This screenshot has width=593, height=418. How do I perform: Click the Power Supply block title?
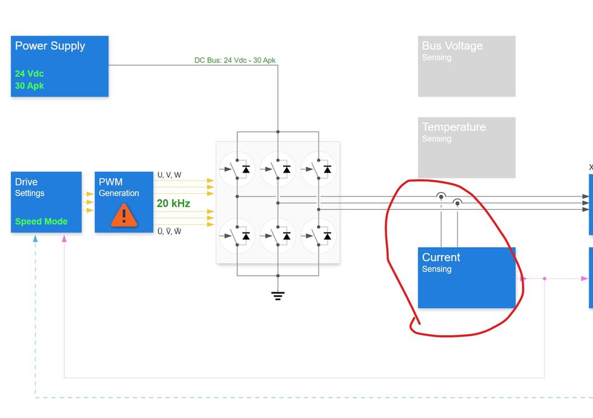point(50,46)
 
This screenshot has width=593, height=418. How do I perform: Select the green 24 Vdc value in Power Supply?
point(29,74)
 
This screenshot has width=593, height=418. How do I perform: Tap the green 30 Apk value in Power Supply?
point(29,86)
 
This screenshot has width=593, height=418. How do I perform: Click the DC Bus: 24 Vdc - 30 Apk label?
point(234,60)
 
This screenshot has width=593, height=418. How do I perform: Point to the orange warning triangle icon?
point(123,215)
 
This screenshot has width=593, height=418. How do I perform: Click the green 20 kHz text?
point(173,203)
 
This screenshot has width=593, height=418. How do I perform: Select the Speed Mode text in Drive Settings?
point(41,222)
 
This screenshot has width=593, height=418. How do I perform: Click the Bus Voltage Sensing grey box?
point(467,66)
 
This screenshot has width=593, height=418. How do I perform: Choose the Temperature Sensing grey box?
point(467,147)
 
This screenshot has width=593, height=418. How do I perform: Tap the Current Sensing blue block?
point(467,277)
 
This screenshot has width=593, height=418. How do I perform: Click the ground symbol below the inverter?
point(278,295)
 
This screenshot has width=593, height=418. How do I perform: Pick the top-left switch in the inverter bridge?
point(236,169)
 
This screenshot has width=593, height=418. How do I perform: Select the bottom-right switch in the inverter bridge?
point(318,235)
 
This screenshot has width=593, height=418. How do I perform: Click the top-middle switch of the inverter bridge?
point(277,169)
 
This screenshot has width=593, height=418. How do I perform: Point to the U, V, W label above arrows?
point(169,175)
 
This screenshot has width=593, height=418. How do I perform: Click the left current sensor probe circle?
point(441,196)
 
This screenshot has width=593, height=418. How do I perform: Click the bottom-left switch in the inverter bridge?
point(236,235)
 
